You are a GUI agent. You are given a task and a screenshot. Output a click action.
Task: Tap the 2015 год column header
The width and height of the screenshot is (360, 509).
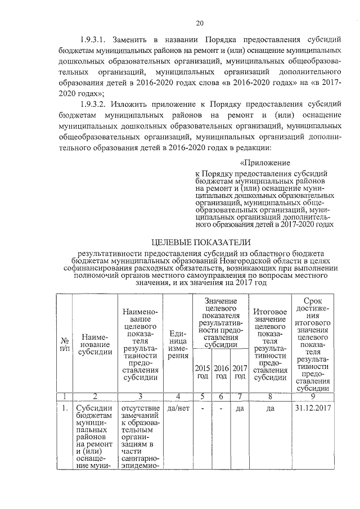tap(202, 372)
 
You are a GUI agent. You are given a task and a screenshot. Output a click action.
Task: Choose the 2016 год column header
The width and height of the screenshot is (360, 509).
tap(221, 372)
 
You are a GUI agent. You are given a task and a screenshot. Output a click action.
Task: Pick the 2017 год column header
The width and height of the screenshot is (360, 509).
tap(240, 372)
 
